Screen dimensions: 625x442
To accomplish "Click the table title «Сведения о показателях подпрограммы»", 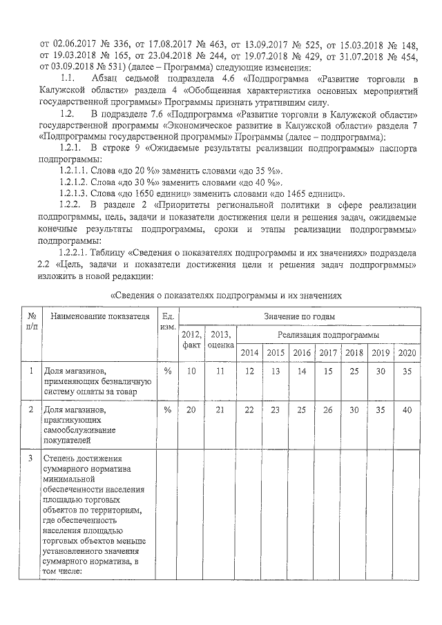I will pyautogui.click(x=227, y=295).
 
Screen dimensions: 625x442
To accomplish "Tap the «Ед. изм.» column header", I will pyautogui.click(x=166, y=321).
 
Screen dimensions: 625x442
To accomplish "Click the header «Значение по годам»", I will pyautogui.click(x=298, y=316).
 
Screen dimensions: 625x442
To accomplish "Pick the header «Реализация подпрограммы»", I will pyautogui.click(x=328, y=335).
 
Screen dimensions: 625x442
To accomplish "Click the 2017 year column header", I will pyautogui.click(x=328, y=353).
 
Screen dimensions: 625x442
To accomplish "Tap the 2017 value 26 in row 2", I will pyautogui.click(x=328, y=410).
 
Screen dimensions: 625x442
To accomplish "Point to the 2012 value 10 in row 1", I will pyautogui.click(x=191, y=372).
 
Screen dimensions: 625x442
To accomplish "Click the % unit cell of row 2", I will pyautogui.click(x=166, y=410).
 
